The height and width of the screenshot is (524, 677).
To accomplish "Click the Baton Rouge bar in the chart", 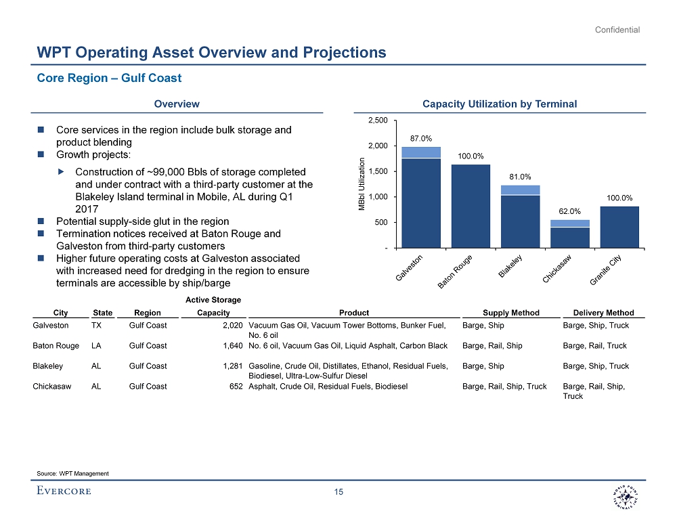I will tap(471, 206).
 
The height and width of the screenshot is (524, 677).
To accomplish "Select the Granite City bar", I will tap(619, 227).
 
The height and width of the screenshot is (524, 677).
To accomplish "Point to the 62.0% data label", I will tap(570, 211).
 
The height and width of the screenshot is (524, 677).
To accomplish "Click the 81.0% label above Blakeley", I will tap(520, 177).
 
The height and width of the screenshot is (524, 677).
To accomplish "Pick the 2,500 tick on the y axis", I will tap(378, 121).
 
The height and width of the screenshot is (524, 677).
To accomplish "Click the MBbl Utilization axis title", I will tap(363, 183).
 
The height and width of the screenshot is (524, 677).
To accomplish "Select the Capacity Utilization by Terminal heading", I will tap(499, 104).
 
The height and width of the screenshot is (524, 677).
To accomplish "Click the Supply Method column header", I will tap(511, 313).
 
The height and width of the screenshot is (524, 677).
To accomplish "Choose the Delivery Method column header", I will tap(603, 313).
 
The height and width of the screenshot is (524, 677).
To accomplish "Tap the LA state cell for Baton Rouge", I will tap(96, 346).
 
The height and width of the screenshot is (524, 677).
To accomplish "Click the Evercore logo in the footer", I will tap(64, 491).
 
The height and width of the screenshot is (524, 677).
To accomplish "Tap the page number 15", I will tap(339, 492).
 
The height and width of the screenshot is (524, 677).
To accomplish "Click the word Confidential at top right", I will tap(617, 30).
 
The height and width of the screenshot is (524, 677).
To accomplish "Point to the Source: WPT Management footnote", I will tap(72, 473).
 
